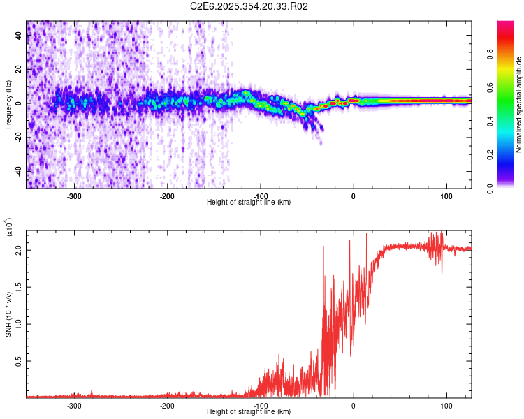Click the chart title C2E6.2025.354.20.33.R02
(249, 7)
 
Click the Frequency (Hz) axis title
(8, 105)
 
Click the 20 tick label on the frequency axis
(19, 70)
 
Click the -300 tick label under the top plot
(74, 196)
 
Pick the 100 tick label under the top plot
(446, 196)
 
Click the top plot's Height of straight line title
(249, 203)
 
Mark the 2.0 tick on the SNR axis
(19, 249)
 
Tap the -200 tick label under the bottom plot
(167, 405)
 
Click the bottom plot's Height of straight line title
(249, 412)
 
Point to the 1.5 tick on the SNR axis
(19, 286)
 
